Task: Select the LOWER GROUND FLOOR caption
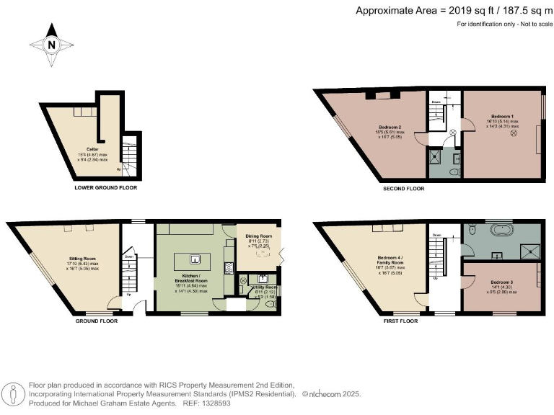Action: (x=105, y=187)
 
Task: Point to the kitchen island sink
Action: (x=194, y=259)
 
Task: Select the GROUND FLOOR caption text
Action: (x=97, y=321)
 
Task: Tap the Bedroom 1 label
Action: (x=503, y=116)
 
